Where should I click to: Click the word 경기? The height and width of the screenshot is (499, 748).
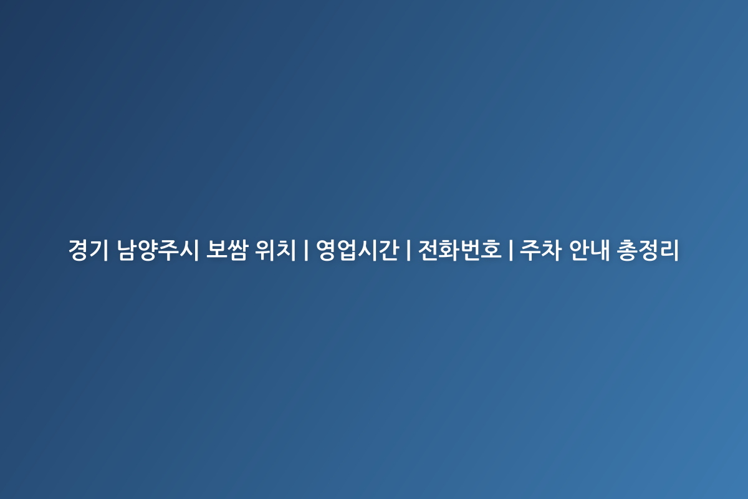coord(89,249)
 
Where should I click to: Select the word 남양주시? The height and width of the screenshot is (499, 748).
coord(158,249)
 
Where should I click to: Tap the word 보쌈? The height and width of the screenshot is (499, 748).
coord(227,249)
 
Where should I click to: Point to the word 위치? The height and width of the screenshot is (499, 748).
coord(276,249)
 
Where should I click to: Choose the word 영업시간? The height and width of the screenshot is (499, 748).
coord(357,249)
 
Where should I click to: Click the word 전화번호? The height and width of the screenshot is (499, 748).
coord(460,249)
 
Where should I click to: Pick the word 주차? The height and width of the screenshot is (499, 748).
coord(540,249)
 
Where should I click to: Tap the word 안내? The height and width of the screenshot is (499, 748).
coord(590,249)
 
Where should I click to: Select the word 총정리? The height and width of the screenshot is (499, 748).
coord(648,249)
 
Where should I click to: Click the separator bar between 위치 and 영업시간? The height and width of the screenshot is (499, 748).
coord(306,249)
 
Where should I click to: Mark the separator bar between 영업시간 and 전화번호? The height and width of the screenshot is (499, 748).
coord(408,249)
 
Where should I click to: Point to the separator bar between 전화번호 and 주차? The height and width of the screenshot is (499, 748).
coord(511,249)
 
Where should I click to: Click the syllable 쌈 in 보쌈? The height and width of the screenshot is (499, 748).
coord(237,249)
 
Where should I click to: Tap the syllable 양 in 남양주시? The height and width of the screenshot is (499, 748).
coord(148,249)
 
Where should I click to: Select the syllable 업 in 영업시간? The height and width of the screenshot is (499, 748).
coord(347,249)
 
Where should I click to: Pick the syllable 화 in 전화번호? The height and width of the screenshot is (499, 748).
coord(449,249)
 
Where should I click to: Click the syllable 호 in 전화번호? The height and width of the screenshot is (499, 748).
coord(491,249)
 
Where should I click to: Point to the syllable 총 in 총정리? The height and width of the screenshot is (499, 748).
coord(627,249)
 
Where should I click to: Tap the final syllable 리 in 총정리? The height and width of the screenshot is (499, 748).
coord(668,249)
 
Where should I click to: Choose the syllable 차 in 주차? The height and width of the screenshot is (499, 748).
coord(551,249)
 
